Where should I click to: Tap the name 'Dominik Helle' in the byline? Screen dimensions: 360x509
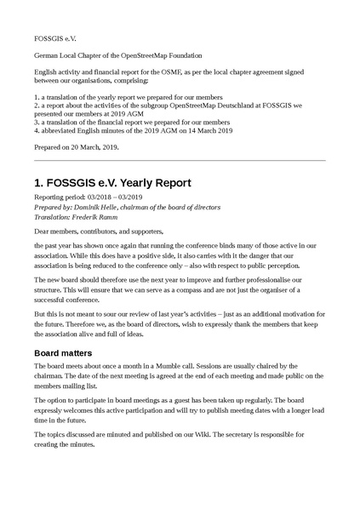point(97,207)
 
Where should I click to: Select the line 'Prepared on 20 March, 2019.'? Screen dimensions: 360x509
point(77,146)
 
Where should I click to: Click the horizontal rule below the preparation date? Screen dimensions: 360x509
point(180,160)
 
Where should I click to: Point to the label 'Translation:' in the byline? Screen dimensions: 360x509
point(53,217)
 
